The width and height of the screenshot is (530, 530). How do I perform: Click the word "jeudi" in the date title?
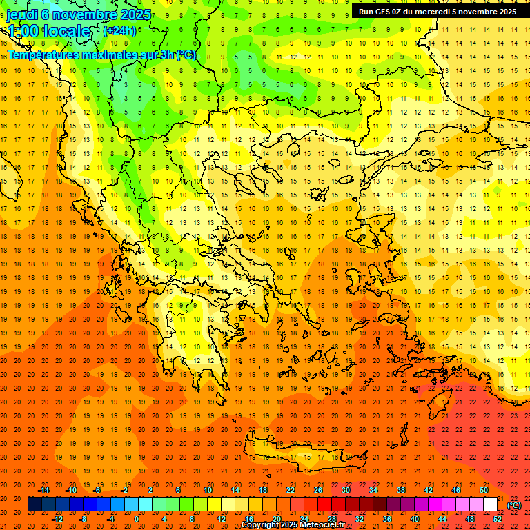click(x=22, y=14)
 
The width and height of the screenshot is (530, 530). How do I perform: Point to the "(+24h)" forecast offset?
click(x=119, y=31)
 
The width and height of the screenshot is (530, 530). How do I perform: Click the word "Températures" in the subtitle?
click(x=44, y=55)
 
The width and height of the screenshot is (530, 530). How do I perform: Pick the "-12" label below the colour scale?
click(x=58, y=519)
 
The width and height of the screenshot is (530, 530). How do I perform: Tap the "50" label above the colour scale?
click(x=484, y=490)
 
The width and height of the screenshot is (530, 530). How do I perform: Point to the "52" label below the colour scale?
click(x=498, y=519)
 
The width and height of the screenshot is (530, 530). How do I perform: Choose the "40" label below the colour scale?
click(x=414, y=519)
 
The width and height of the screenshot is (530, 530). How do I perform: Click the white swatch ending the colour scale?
click(x=490, y=504)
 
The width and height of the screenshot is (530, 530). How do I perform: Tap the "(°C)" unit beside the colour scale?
click(x=514, y=504)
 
